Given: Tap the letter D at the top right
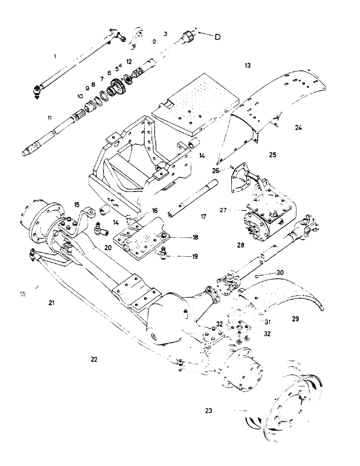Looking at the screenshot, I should (x=217, y=37).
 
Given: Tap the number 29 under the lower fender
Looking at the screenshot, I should (x=295, y=319).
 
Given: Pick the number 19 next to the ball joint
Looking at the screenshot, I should (x=194, y=256).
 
